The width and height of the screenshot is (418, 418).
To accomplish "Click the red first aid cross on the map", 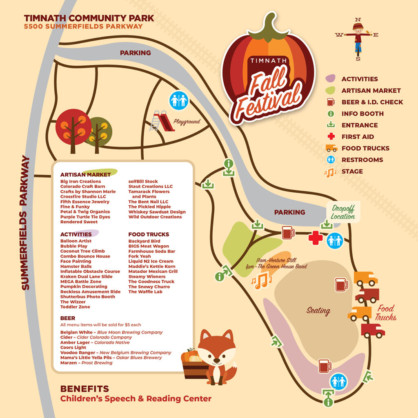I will [315, 238].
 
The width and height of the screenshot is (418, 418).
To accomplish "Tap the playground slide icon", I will [162, 122].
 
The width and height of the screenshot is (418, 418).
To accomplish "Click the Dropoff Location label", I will [343, 212].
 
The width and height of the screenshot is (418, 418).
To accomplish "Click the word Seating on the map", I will [318, 311].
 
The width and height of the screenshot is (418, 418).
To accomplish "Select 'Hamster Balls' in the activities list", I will [76, 267].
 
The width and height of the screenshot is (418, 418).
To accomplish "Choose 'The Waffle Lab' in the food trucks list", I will [146, 292].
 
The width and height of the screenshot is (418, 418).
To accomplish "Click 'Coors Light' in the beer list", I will [73, 348].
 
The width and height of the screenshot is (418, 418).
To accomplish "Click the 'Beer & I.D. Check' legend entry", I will [372, 102].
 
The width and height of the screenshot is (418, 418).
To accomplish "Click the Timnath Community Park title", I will [89, 18].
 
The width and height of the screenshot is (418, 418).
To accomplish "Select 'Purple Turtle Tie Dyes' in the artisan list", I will [85, 217].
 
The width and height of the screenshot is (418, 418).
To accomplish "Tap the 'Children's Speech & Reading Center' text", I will [136, 399].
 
